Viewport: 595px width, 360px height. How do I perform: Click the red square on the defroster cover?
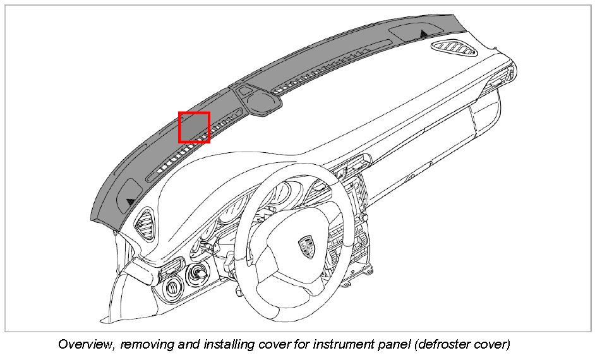(194, 127)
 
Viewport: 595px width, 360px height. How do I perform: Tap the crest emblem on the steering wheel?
(307, 243)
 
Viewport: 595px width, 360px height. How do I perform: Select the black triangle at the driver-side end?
(130, 201)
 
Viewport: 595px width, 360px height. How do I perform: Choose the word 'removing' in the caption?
(145, 345)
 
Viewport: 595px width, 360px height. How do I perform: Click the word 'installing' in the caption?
(218, 345)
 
